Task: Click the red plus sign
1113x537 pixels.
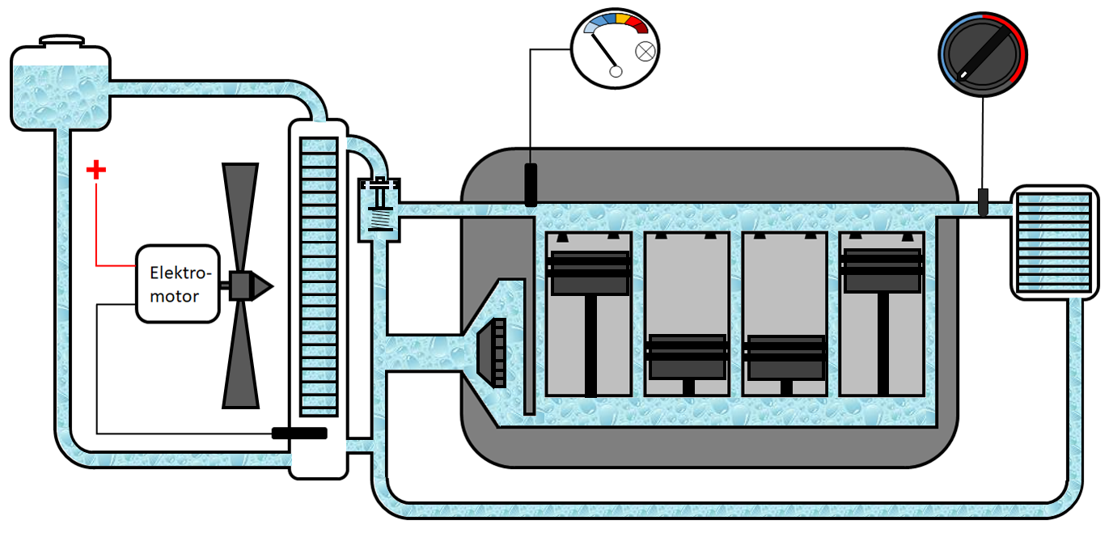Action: pos(96,170)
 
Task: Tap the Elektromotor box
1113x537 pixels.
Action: pos(177,284)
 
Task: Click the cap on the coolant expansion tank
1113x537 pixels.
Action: pos(61,40)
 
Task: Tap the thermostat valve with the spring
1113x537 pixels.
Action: pos(379,208)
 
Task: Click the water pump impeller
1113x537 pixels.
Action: pos(493,353)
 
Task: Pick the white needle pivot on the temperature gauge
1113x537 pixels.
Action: pos(616,71)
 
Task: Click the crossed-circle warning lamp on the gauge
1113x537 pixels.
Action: pos(645,51)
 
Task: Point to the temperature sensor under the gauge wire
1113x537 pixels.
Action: pos(531,184)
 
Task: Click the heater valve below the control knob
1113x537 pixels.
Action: pos(983,201)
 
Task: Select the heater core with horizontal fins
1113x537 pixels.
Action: pos(1055,242)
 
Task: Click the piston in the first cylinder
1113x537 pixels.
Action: pos(589,273)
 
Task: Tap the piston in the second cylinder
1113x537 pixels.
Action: pos(688,356)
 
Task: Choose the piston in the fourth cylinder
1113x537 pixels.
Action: pos(882,271)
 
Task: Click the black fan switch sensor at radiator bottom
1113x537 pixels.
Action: pos(299,433)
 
